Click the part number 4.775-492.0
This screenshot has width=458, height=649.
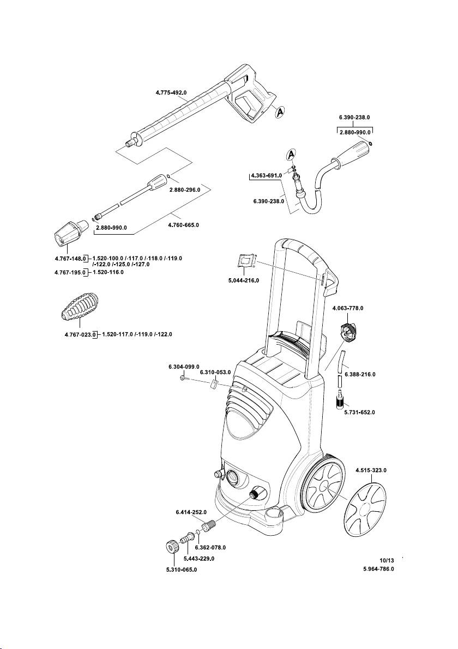point(168,93)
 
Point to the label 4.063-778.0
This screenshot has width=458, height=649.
point(347,308)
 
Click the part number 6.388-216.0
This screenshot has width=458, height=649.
point(360,375)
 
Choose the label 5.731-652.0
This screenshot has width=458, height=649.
point(359,412)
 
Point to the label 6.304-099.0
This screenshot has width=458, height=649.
point(184,367)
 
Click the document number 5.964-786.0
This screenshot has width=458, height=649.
point(378,569)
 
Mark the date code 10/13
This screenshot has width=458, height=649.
point(386,560)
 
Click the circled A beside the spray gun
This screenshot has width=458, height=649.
point(278,112)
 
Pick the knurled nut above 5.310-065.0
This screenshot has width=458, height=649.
point(171,547)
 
